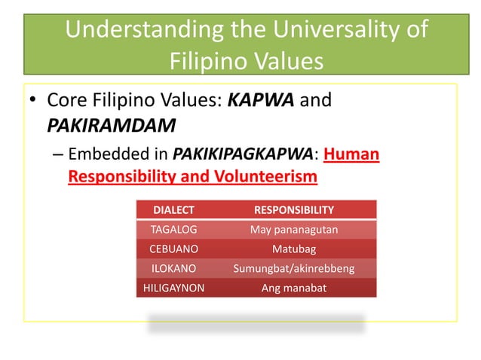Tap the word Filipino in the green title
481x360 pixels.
pos(205,59)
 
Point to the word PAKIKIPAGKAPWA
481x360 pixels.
pos(247,155)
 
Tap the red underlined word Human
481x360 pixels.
pos(354,155)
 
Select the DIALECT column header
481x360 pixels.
pos(173,210)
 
